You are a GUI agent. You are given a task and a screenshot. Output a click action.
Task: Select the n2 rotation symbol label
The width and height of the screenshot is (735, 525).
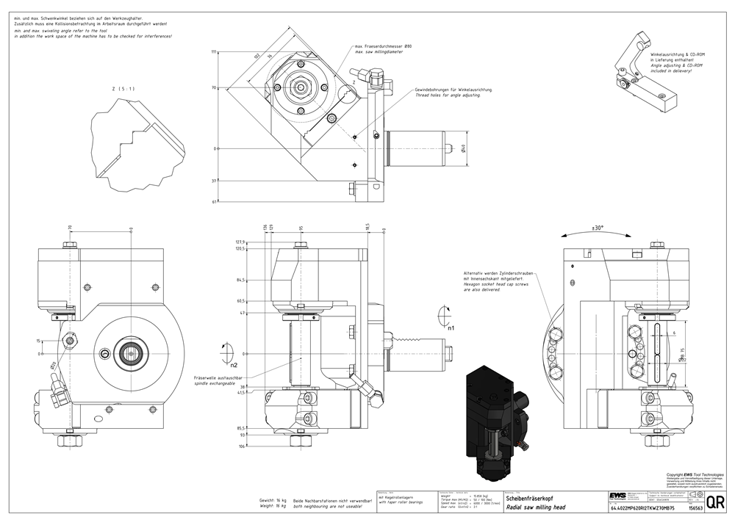[234, 364]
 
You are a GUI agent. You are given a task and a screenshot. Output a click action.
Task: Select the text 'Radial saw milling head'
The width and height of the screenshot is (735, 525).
[535, 507]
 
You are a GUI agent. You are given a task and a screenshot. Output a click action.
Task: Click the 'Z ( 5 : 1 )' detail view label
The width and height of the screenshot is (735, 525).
[123, 89]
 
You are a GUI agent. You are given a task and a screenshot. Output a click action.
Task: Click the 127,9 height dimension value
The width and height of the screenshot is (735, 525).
[239, 242]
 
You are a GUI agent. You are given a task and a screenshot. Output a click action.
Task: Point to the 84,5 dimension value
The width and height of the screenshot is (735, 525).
[240, 280]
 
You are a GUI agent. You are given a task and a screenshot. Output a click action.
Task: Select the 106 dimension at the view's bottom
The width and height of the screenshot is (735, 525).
[241, 446]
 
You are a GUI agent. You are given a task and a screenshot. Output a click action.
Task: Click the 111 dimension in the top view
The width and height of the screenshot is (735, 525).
[214, 52]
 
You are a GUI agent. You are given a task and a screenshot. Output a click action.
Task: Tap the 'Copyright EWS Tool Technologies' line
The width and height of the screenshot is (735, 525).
[695, 474]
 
